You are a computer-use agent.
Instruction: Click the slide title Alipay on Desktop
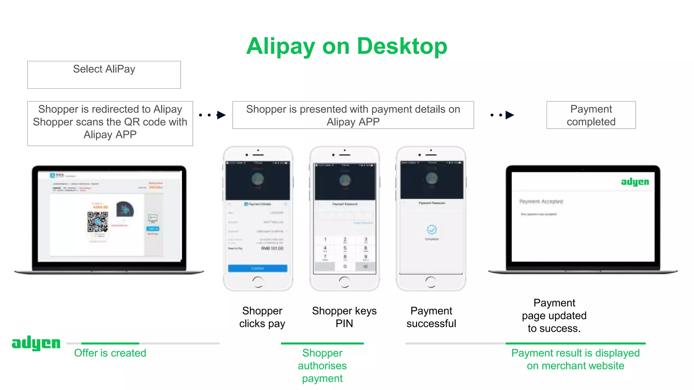347,46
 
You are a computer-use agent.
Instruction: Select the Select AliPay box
104,74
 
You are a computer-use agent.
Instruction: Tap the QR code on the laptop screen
98,222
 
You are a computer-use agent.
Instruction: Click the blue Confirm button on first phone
258,268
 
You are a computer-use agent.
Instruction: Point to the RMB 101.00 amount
272,248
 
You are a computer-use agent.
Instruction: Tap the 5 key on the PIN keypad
345,248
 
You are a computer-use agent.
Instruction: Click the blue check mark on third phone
431,230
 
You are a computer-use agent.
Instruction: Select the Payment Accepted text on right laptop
541,201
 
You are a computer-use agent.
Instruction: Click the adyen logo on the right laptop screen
635,182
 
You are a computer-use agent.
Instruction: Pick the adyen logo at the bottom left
36,343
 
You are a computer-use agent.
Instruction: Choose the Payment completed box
591,115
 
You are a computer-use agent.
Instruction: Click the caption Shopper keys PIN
344,317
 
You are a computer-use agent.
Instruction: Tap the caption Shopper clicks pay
262,317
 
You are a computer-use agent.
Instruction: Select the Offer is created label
110,353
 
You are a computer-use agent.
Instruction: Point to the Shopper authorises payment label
322,366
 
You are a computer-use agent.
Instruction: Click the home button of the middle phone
344,282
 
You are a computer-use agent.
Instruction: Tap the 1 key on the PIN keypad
325,240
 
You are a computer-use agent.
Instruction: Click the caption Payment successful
431,317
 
